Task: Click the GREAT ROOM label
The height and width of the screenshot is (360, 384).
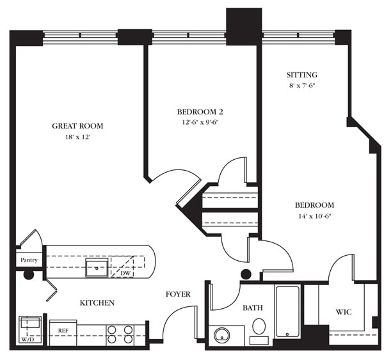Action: (x=77, y=126)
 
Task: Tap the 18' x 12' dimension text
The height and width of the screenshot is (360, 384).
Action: (x=77, y=137)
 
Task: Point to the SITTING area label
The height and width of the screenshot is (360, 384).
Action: (x=303, y=75)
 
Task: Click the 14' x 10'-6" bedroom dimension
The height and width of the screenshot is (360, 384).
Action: (x=314, y=216)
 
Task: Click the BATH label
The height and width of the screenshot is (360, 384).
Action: (x=252, y=308)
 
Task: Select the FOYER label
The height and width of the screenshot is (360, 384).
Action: (x=178, y=294)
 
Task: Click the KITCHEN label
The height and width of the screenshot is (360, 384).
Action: (x=97, y=302)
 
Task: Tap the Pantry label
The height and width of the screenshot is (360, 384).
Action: (x=29, y=260)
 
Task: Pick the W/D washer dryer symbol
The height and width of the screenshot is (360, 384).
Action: (x=30, y=330)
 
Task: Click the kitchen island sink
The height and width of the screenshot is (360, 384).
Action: (x=97, y=267)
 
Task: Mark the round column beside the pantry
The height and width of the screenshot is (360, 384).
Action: (x=29, y=275)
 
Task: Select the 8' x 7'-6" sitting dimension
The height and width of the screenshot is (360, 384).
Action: (x=303, y=86)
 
